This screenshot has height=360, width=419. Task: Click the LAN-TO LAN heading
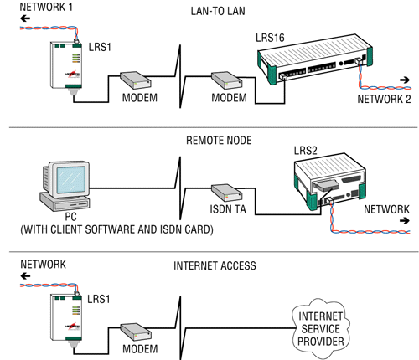coord(218,11)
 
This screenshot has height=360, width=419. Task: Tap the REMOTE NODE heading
coord(219,141)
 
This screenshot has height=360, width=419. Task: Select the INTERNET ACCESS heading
coord(215,265)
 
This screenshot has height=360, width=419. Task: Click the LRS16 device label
coord(270,38)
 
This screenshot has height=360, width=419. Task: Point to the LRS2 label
coord(306,151)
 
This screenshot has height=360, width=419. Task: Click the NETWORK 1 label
coord(46,7)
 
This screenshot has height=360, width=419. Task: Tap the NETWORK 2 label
coord(384,99)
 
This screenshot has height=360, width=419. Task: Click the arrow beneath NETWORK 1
coord(25,18)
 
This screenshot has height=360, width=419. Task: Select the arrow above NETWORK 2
coord(405,80)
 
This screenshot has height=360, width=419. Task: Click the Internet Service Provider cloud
coord(321,329)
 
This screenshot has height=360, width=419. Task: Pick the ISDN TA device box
coord(226,193)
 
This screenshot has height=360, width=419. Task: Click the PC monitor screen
coord(70,180)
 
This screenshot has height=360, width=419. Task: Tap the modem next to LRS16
coord(226,80)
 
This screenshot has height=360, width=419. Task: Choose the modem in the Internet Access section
coord(136,332)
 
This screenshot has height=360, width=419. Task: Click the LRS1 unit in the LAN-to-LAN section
coord(66,65)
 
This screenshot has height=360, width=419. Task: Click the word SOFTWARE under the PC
coord(110,229)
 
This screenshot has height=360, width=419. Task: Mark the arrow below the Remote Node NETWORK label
coord(405,221)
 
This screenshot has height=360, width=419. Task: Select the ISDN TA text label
coord(228,209)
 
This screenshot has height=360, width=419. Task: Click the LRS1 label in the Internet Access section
coord(99,299)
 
